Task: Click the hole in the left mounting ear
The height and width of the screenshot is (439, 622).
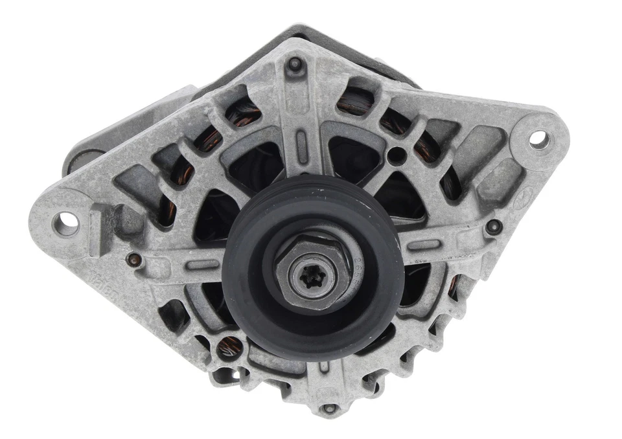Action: pyautogui.click(x=65, y=223)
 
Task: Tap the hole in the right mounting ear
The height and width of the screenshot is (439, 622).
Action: pyautogui.click(x=538, y=137)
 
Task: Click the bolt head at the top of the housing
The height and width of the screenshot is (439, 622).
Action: pyautogui.click(x=295, y=64)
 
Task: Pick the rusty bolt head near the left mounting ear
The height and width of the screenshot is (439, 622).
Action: pyautogui.click(x=135, y=260)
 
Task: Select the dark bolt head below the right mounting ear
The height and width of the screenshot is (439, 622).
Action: pyautogui.click(x=494, y=226)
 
